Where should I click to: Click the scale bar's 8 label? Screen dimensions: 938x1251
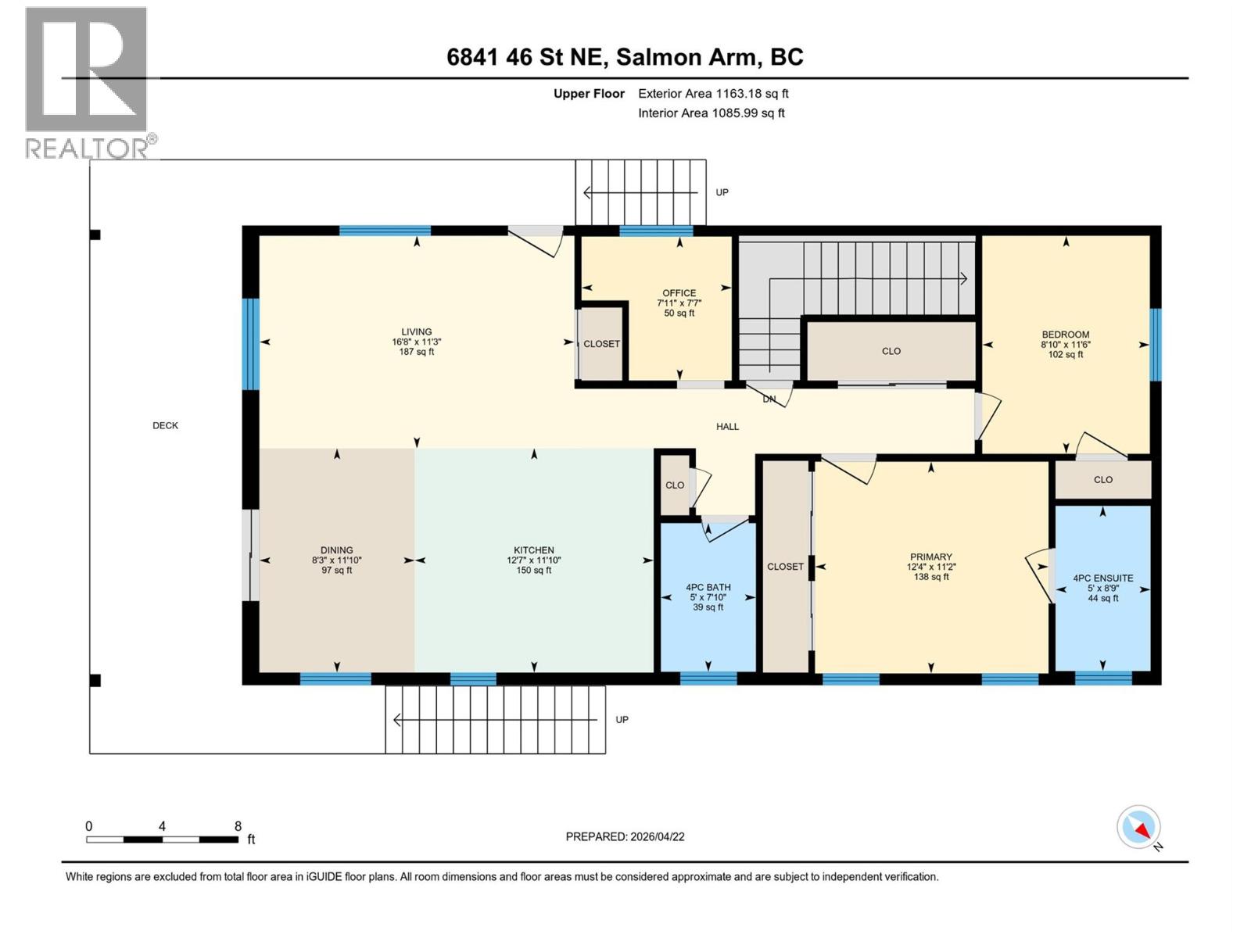(238, 826)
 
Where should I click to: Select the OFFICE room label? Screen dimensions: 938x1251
(679, 293)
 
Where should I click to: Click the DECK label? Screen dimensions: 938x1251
(165, 426)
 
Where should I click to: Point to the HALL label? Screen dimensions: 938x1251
(727, 427)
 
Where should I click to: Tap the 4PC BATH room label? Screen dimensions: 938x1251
(708, 587)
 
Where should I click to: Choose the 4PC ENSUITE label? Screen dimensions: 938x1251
(1102, 578)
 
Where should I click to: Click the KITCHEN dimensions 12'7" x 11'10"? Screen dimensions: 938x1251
(533, 560)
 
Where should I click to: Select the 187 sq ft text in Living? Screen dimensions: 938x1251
(416, 352)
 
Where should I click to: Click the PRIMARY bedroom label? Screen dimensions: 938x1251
(930, 557)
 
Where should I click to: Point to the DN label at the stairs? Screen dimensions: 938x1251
(769, 399)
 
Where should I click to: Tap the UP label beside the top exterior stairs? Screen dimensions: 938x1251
(722, 192)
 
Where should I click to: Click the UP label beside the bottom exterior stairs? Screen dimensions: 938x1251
(622, 720)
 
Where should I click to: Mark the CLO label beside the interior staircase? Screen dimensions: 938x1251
(891, 352)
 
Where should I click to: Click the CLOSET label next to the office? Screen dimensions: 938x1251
(601, 344)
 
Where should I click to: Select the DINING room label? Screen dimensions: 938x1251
(336, 550)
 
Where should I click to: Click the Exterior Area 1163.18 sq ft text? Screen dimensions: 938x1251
(712, 94)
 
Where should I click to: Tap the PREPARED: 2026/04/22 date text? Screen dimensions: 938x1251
(625, 836)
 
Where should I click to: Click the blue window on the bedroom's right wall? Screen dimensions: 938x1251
(1155, 344)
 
